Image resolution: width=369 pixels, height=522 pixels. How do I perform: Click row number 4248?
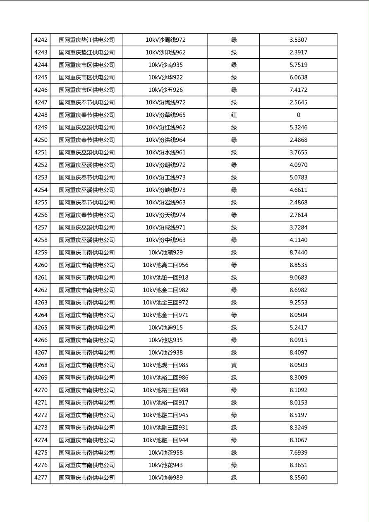(x=41, y=115)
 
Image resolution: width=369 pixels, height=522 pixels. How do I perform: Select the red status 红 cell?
(x=234, y=115)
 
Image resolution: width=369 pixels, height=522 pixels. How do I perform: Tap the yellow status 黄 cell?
(x=234, y=365)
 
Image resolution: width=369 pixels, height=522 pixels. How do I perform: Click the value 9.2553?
(x=298, y=303)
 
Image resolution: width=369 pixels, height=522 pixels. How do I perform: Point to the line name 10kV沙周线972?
(x=165, y=40)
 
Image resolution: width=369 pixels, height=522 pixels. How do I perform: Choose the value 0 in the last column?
(x=298, y=115)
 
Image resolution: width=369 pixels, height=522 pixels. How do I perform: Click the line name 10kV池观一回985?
(x=165, y=365)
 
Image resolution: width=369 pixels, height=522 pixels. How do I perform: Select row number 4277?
(x=41, y=478)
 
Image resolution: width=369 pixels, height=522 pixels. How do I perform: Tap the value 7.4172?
(x=298, y=90)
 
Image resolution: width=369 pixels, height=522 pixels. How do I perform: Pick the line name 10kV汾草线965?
(x=165, y=115)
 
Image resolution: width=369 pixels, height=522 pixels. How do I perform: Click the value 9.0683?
(x=298, y=278)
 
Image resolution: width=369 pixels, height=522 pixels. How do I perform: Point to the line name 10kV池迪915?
(x=165, y=328)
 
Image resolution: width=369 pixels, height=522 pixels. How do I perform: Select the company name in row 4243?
(x=86, y=53)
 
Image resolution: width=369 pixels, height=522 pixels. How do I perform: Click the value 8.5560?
(x=298, y=478)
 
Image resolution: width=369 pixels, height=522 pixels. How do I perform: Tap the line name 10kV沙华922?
(x=165, y=77)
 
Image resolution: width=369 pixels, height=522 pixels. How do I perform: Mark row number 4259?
(x=41, y=253)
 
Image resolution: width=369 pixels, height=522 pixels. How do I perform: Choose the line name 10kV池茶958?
(x=165, y=453)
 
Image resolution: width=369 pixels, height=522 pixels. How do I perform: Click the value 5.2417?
(x=298, y=328)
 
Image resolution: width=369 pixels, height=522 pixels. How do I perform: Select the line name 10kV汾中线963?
(x=165, y=240)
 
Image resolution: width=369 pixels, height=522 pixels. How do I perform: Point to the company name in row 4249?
(x=86, y=127)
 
